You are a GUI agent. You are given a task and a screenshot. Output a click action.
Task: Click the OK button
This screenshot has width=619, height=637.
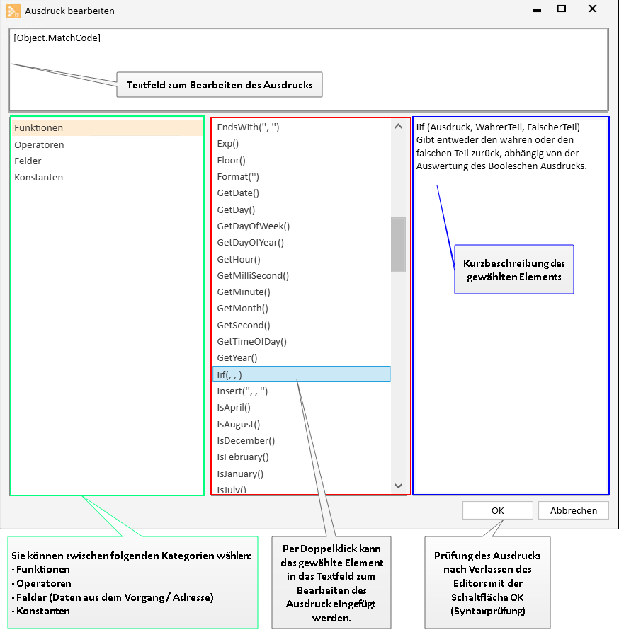click(x=497, y=510)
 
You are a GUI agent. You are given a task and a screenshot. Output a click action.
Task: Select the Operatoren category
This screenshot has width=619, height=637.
click(x=39, y=144)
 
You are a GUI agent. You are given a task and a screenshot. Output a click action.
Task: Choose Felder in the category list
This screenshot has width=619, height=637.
click(x=28, y=161)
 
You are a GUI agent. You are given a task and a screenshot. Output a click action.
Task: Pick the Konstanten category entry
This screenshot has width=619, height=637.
click(x=39, y=177)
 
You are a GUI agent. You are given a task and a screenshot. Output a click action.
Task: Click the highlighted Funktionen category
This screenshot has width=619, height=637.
click(x=108, y=127)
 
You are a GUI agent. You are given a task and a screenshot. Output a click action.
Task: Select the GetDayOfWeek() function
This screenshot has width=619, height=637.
click(x=254, y=226)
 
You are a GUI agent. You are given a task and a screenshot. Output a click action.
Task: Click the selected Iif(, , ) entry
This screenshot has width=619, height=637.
click(x=302, y=374)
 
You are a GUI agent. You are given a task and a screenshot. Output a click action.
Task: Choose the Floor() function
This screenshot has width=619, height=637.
click(x=232, y=160)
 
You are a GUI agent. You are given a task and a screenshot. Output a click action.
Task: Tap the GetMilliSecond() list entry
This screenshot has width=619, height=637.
click(x=253, y=275)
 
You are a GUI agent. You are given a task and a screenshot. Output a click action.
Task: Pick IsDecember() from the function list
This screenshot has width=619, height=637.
click(x=246, y=440)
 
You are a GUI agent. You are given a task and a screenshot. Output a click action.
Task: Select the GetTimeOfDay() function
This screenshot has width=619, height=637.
click(x=251, y=341)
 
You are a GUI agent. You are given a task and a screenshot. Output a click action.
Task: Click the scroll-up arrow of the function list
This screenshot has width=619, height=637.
click(x=398, y=127)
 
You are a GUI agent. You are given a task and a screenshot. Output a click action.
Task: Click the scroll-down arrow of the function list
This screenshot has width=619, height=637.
click(x=398, y=486)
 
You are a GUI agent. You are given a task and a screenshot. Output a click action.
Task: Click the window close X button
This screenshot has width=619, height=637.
click(x=593, y=8)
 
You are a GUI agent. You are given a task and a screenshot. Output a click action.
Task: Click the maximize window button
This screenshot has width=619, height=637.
click(x=562, y=8)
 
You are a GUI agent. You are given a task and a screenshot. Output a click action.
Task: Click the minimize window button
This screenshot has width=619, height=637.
click(x=537, y=11)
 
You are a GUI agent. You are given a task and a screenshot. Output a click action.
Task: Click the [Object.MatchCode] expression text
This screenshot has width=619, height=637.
click(x=57, y=38)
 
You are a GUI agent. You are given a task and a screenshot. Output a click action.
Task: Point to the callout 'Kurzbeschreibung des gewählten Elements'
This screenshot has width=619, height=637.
click(x=513, y=270)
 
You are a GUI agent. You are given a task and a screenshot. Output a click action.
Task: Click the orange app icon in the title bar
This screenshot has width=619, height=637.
click(x=13, y=11)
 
